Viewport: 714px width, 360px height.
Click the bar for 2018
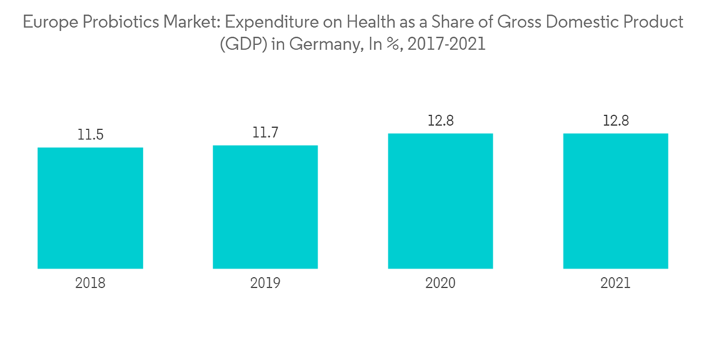tap(90, 208)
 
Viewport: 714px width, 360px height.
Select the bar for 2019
tap(265, 206)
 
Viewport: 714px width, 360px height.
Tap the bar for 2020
tap(441, 201)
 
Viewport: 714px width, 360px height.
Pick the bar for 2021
tap(615, 201)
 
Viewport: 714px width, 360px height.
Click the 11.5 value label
tap(91, 135)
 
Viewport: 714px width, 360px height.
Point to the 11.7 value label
tap(266, 133)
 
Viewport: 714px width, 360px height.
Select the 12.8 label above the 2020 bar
tap(441, 121)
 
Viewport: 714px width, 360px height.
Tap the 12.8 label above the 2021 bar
tap(615, 121)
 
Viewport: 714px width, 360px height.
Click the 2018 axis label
tap(90, 283)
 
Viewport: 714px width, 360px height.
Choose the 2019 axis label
tap(265, 283)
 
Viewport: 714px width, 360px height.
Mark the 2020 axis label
tap(441, 283)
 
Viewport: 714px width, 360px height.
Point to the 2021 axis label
tap(615, 283)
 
